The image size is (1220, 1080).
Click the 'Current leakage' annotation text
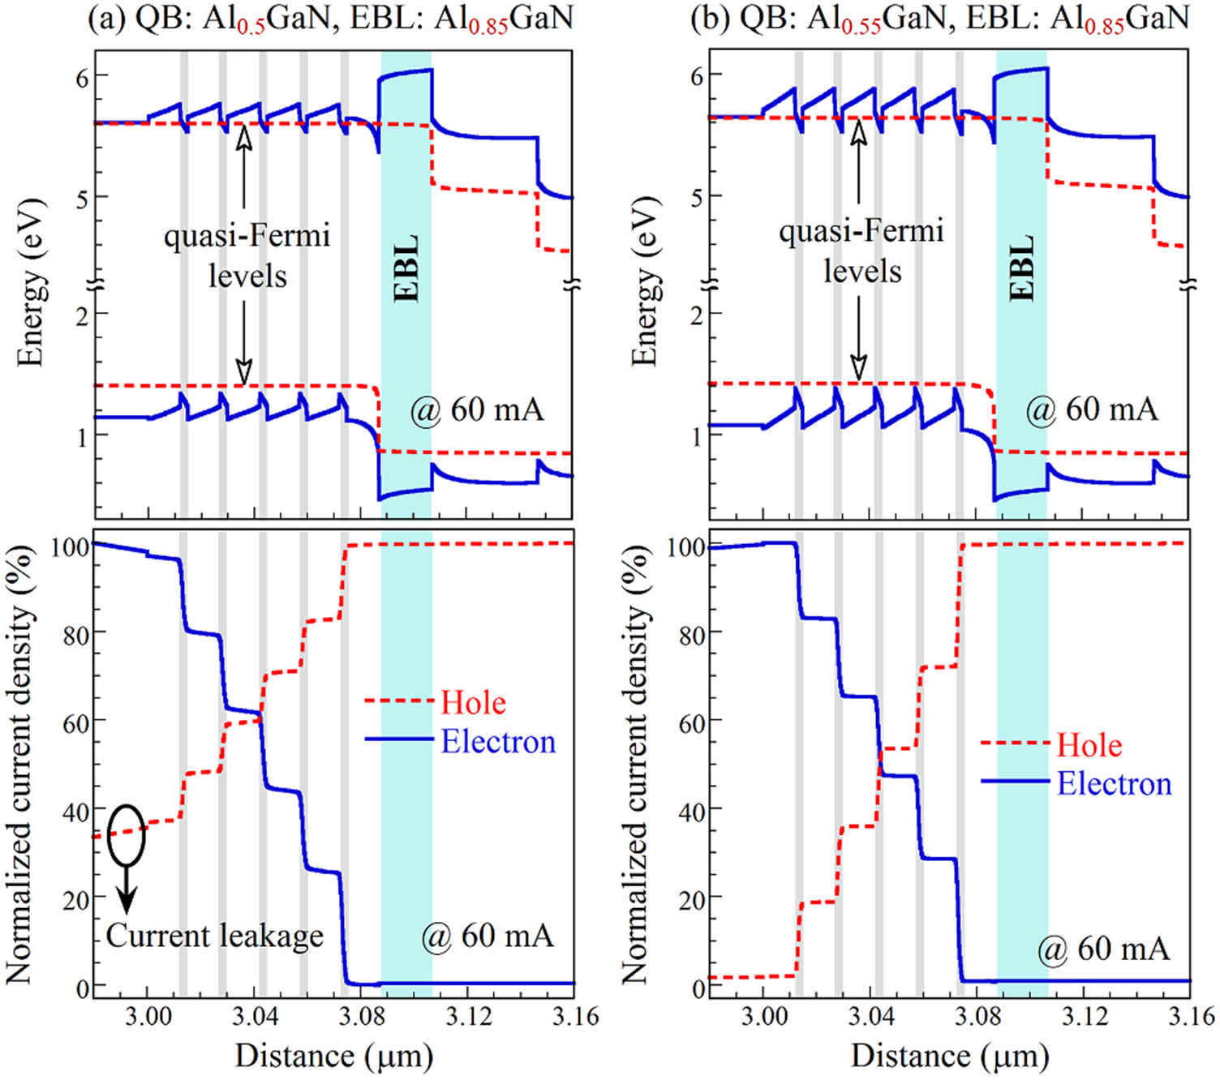215,936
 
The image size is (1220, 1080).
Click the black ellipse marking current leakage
127,834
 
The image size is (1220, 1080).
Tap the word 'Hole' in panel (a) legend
473,702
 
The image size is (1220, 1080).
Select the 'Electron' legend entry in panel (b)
1114,784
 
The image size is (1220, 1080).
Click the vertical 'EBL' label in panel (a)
407,268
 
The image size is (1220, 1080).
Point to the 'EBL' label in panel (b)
1022,268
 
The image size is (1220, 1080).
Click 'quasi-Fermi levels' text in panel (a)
247,255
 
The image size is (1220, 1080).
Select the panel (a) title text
330,18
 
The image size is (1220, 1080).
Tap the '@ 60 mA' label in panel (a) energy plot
476,409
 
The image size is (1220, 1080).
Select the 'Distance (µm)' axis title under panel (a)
333,1056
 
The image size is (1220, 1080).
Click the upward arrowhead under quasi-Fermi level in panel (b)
858,129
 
